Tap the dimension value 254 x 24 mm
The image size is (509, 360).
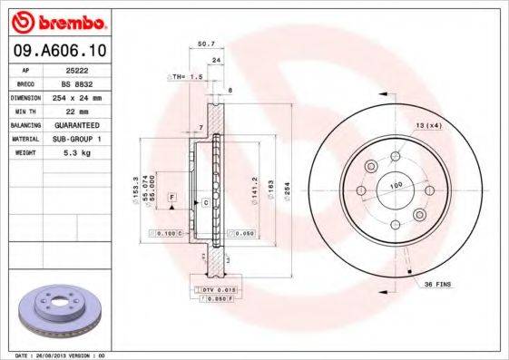click(x=75, y=96)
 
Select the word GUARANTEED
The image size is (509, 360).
click(x=75, y=124)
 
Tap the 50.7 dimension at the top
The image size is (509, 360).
click(x=206, y=44)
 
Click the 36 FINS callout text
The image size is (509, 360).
click(x=440, y=285)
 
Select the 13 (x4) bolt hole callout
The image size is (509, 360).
click(x=427, y=124)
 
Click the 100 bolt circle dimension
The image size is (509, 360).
click(x=396, y=186)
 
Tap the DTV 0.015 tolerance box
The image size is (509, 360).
click(x=210, y=288)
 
